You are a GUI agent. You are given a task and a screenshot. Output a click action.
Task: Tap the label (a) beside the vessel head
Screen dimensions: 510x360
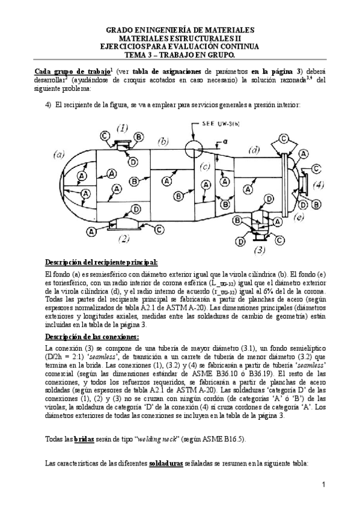[59, 154]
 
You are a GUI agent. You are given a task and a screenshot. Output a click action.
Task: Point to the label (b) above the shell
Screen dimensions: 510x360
[162, 141]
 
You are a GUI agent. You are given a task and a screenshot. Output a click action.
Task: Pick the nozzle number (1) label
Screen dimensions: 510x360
[122, 128]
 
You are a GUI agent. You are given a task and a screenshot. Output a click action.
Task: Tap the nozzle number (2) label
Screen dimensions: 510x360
[124, 238]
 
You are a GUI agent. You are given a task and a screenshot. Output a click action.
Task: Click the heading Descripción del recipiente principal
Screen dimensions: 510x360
[102, 262]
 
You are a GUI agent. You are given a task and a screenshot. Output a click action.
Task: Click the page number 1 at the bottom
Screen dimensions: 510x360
[323, 484]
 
